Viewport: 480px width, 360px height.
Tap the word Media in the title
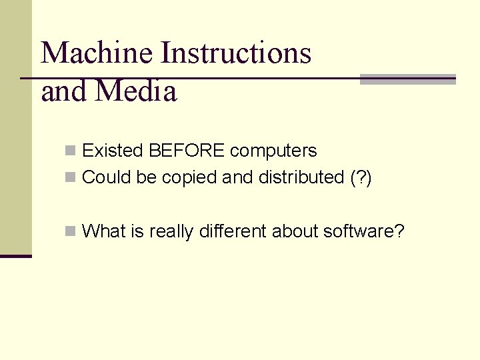point(137,91)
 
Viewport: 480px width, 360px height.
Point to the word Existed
point(113,151)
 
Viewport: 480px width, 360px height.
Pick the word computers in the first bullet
point(273,151)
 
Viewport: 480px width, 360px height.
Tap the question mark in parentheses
point(362,178)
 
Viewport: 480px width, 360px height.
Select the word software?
point(363,231)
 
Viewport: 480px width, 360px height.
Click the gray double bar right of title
point(407,79)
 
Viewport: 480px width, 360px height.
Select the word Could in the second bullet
point(103,177)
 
